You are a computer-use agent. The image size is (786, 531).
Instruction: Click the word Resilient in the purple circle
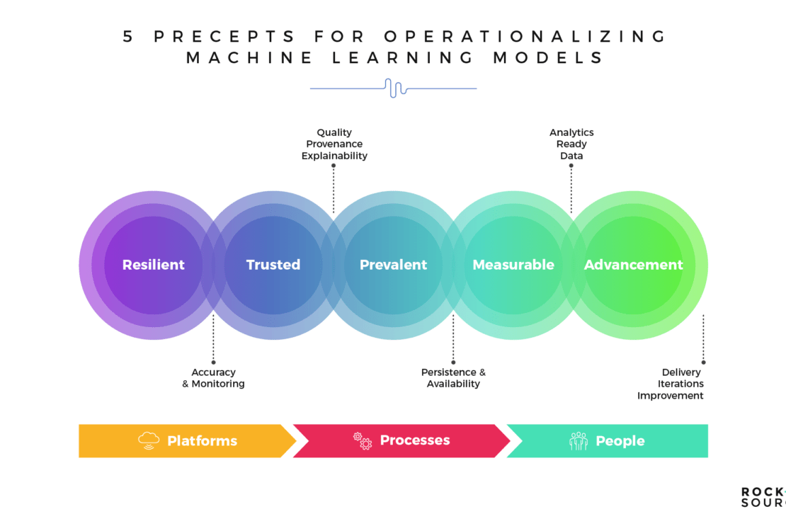[153, 265]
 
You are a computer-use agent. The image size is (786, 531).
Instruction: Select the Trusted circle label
[273, 265]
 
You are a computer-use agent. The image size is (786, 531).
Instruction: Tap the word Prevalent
[393, 265]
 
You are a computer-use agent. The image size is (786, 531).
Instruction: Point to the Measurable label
[513, 265]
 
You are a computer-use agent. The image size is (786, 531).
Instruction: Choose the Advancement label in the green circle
[633, 265]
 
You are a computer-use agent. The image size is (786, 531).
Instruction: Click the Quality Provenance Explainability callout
[334, 144]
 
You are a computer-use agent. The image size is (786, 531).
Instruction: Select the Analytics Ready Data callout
[571, 144]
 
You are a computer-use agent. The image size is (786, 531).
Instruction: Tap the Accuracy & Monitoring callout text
[213, 378]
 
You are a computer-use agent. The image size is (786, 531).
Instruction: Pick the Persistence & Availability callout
[453, 378]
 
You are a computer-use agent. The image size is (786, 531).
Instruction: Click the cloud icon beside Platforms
[149, 440]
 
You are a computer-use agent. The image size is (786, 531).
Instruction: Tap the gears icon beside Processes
[363, 440]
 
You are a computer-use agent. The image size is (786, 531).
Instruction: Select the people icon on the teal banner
[579, 441]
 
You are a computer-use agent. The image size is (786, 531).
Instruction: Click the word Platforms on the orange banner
[202, 441]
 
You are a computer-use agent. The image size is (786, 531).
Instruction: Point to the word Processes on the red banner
[415, 440]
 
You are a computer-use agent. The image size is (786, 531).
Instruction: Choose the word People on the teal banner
[620, 441]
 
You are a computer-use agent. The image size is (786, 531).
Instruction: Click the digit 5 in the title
[128, 37]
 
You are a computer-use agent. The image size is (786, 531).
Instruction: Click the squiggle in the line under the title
[394, 88]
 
